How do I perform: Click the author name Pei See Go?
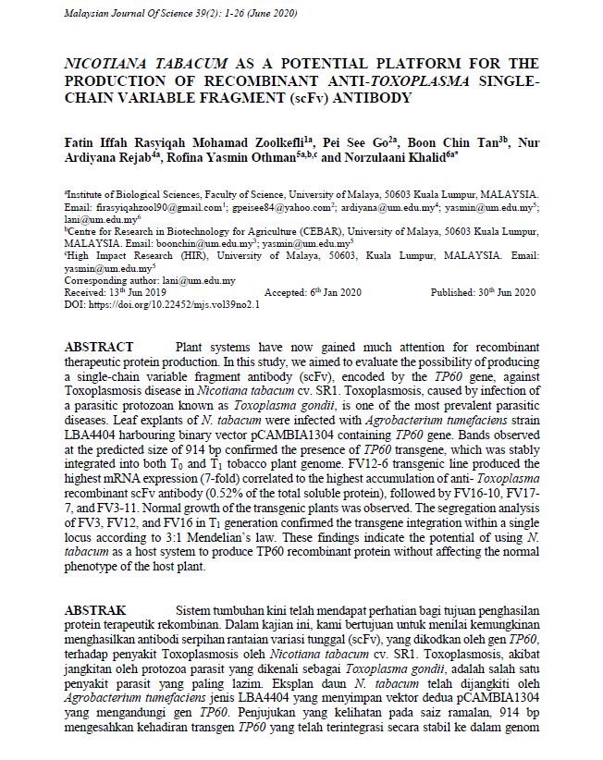click(x=375, y=142)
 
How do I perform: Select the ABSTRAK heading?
click(x=95, y=611)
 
